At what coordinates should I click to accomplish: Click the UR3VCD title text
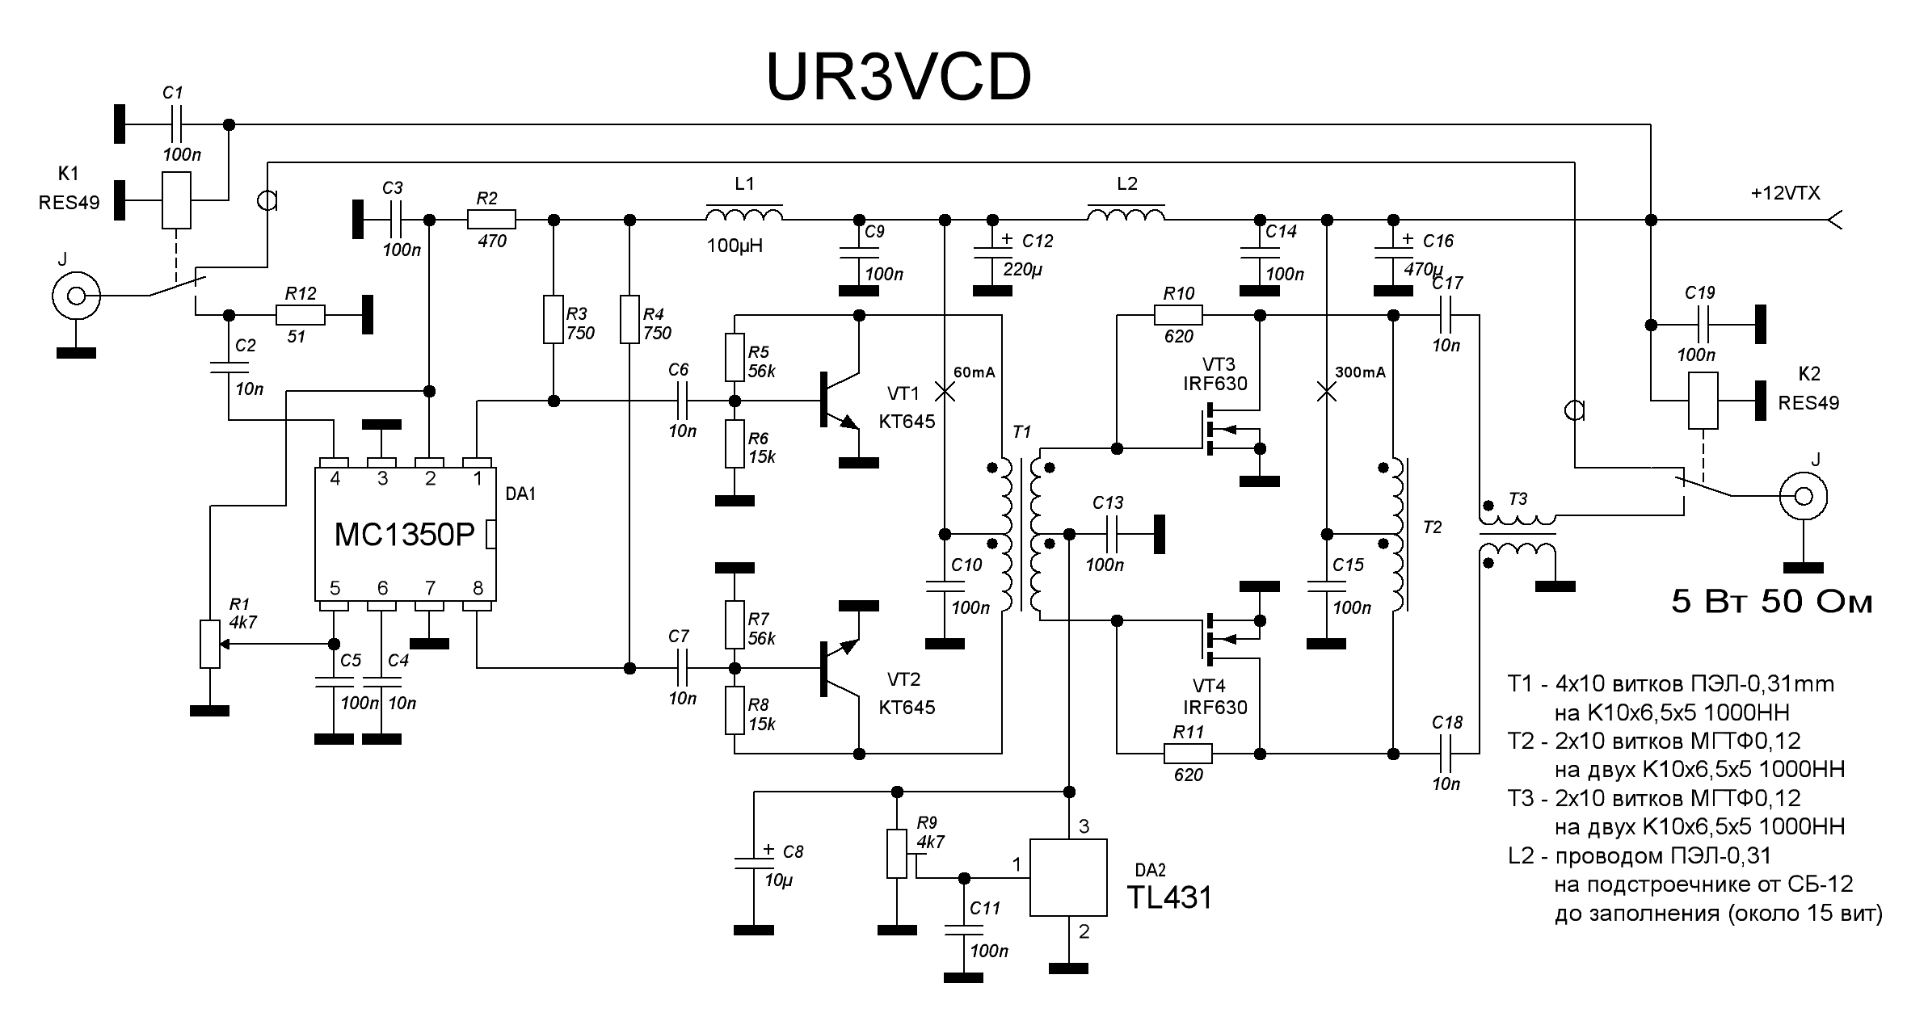(x=898, y=78)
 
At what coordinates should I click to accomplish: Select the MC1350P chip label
(x=404, y=535)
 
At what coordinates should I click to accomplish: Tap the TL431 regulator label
(x=1169, y=897)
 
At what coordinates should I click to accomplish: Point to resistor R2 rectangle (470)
(x=491, y=219)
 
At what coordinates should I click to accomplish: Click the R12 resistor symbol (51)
(x=301, y=315)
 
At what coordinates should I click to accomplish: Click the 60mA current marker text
(x=975, y=372)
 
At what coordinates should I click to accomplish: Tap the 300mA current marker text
(x=1360, y=372)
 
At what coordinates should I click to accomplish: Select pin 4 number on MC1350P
(x=335, y=479)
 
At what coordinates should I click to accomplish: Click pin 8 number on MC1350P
(x=478, y=587)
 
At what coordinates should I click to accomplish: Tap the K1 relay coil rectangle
(x=176, y=200)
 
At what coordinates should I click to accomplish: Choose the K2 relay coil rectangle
(x=1703, y=401)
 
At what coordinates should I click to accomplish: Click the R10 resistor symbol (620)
(x=1178, y=315)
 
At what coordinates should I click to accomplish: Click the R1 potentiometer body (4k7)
(x=210, y=644)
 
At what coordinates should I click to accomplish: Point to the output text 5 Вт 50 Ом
(x=1771, y=602)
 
